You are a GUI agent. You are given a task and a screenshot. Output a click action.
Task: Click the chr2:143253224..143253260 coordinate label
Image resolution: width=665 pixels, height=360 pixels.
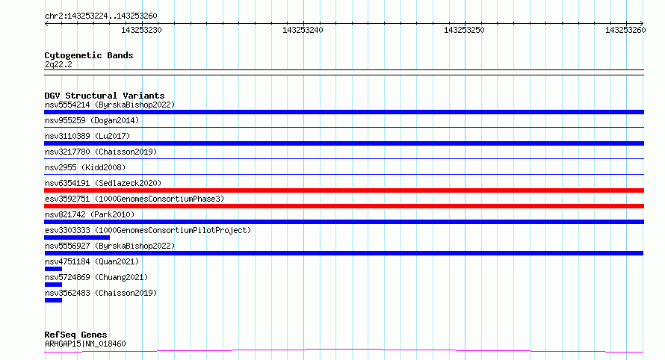pyautogui.click(x=101, y=16)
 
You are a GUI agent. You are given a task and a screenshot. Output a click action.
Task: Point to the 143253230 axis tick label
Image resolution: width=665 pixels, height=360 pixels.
pyautogui.click(x=141, y=30)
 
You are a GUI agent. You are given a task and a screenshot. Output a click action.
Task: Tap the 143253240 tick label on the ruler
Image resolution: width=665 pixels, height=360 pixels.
pyautogui.click(x=303, y=30)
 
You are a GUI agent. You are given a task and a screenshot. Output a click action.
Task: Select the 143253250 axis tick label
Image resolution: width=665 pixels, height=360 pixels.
pyautogui.click(x=464, y=30)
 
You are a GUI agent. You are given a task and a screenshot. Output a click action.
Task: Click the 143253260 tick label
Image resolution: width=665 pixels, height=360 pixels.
pyautogui.click(x=625, y=30)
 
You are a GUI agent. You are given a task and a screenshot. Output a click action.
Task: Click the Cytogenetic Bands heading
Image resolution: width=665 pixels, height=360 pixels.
pyautogui.click(x=89, y=55)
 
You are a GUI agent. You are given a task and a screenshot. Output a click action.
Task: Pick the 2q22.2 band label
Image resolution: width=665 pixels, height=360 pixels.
pyautogui.click(x=58, y=64)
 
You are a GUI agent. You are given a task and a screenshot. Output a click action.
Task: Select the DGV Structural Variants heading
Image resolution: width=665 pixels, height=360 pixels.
pyautogui.click(x=105, y=96)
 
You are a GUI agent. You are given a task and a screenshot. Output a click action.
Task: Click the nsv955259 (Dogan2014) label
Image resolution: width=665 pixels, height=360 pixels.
pyautogui.click(x=92, y=120)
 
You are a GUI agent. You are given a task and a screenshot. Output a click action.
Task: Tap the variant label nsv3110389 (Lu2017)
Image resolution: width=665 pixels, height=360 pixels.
pyautogui.click(x=87, y=136)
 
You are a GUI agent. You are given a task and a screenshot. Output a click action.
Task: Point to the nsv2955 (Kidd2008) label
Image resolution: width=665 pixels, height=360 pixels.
pyautogui.click(x=85, y=167)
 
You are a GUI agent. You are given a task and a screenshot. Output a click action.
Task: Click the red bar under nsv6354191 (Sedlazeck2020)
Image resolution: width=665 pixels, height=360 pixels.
pyautogui.click(x=344, y=190)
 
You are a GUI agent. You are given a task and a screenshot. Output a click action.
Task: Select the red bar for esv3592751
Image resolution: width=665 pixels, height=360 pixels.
pyautogui.click(x=344, y=206)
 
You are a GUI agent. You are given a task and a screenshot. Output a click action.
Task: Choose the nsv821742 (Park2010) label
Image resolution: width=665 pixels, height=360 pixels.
pyautogui.click(x=90, y=214)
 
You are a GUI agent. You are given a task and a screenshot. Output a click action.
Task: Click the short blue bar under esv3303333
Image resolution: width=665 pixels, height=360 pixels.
pyautogui.click(x=77, y=238)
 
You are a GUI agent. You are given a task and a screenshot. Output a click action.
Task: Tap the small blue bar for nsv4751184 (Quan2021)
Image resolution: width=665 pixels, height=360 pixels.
pyautogui.click(x=53, y=269)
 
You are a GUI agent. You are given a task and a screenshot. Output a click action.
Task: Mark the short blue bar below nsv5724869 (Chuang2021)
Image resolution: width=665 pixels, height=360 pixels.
pyautogui.click(x=53, y=285)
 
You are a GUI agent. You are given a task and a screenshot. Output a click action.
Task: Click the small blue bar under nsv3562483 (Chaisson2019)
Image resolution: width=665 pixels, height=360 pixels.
pyautogui.click(x=53, y=300)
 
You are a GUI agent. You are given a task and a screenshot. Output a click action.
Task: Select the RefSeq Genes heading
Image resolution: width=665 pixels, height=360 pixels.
pyautogui.click(x=75, y=335)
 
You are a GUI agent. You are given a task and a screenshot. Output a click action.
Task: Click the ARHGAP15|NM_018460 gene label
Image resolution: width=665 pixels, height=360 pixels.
pyautogui.click(x=85, y=344)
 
